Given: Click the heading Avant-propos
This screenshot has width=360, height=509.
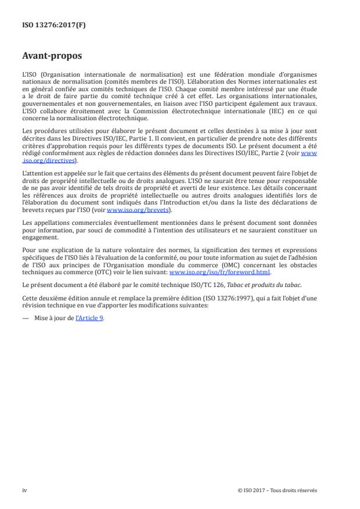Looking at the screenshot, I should pos(52,57).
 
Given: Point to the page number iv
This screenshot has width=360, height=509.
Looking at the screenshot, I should pos(24,490).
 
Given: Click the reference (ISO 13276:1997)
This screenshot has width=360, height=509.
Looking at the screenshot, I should pos(226,296).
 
